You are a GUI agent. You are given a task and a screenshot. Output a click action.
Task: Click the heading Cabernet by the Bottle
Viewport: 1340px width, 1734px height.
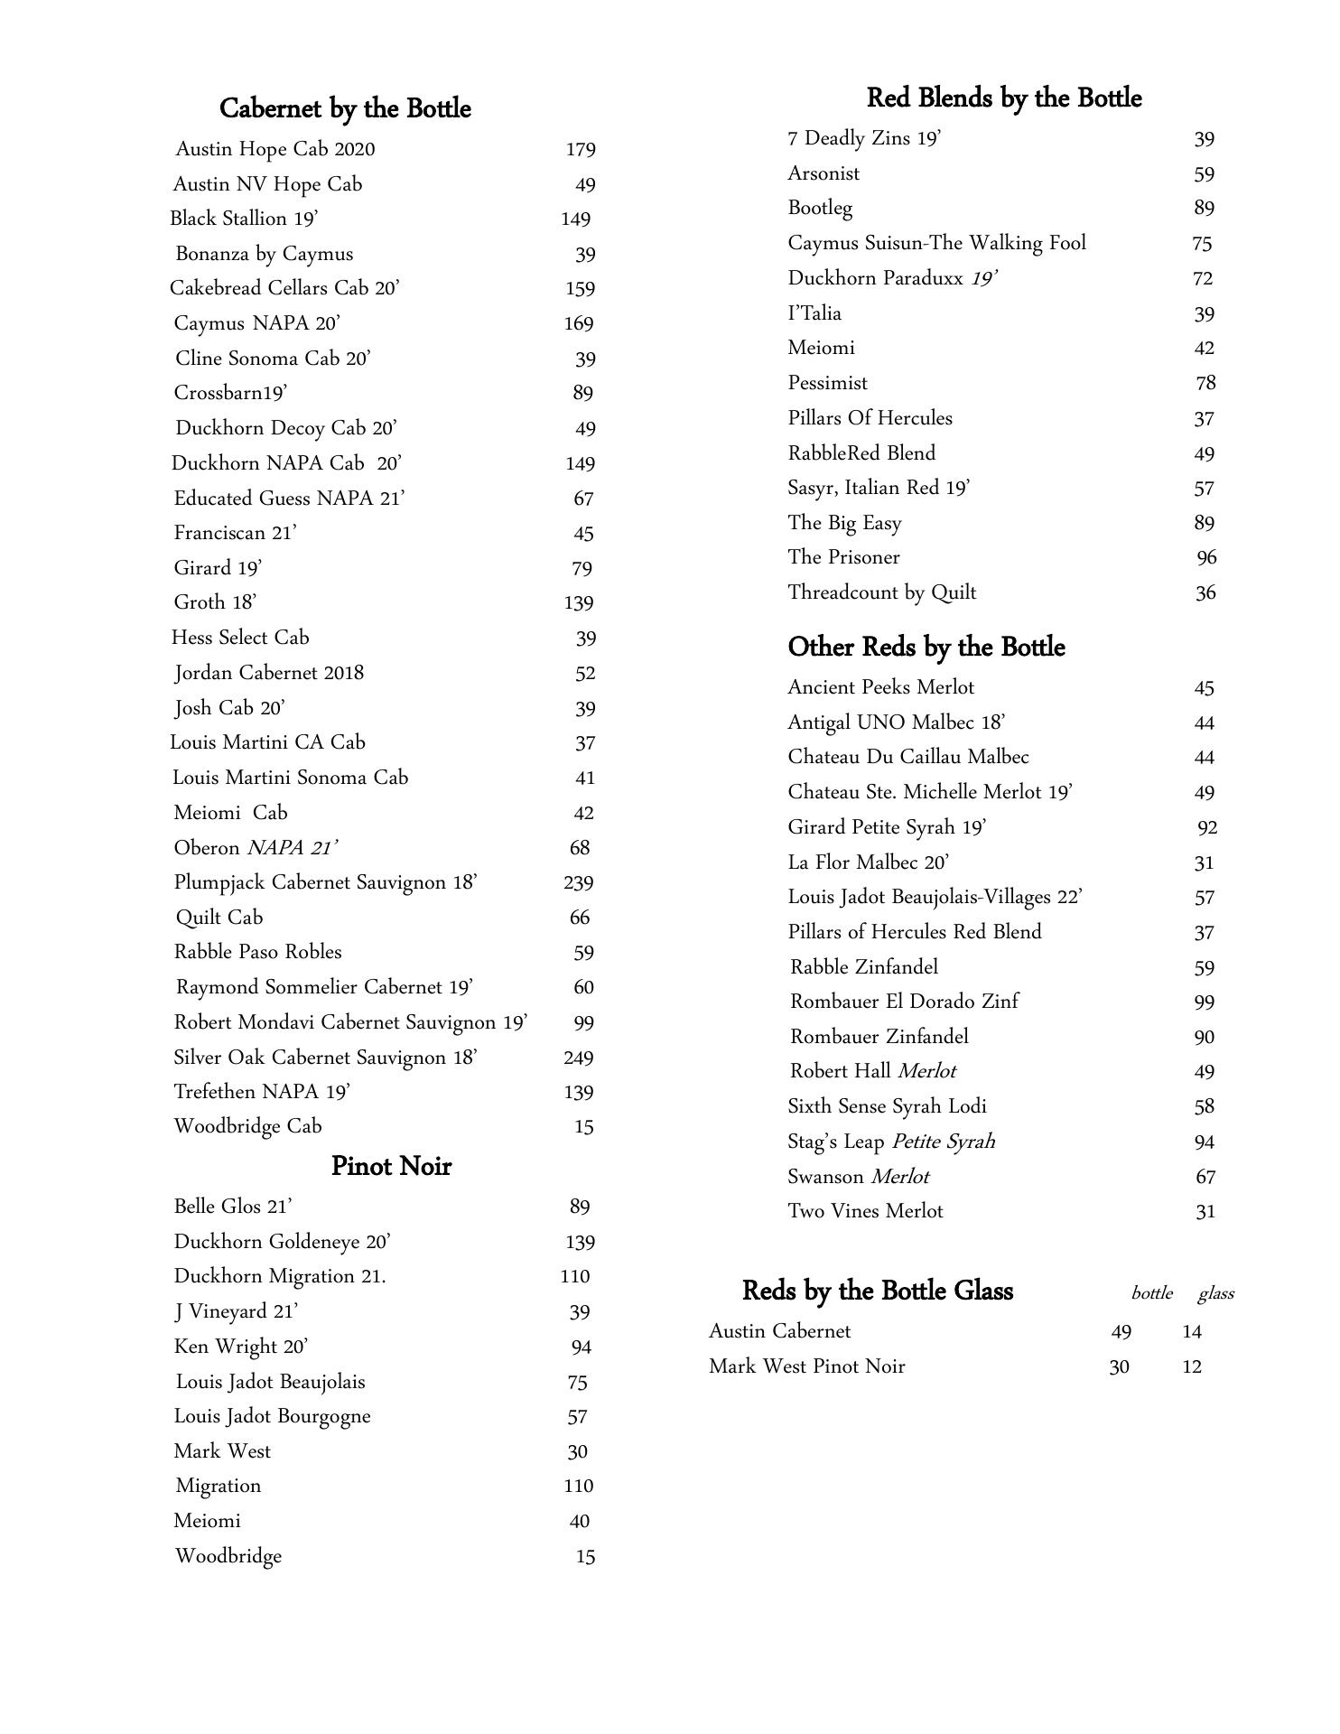(x=345, y=108)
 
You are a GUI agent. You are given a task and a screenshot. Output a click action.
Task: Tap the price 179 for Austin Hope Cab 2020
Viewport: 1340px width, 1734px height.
(x=580, y=149)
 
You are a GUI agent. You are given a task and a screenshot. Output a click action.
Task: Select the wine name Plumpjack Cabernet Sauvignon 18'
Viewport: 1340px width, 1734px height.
(x=325, y=882)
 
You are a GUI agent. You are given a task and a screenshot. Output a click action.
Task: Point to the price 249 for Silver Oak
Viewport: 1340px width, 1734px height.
(x=578, y=1058)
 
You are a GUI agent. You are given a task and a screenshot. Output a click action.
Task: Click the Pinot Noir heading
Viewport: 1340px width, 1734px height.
(x=391, y=1166)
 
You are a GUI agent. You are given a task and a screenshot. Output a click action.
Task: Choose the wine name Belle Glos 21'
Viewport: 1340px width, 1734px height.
(x=233, y=1207)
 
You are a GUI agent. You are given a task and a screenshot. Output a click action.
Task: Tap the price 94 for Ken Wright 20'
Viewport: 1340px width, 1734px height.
(x=581, y=1347)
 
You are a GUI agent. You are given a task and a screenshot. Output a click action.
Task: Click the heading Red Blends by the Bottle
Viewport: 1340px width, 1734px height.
(x=1003, y=98)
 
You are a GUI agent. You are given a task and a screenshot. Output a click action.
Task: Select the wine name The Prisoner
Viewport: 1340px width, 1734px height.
(x=843, y=557)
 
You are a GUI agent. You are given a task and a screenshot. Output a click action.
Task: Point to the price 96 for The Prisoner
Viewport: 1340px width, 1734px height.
(x=1206, y=557)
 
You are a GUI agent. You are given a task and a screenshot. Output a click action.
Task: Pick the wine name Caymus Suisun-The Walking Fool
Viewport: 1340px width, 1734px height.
(x=936, y=243)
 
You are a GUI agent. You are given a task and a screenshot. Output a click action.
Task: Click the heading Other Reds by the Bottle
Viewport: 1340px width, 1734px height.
(x=926, y=647)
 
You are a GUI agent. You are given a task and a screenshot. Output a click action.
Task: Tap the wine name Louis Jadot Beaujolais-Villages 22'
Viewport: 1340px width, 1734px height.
(x=935, y=897)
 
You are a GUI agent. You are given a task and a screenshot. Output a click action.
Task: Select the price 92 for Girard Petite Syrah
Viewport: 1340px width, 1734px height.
(x=1206, y=827)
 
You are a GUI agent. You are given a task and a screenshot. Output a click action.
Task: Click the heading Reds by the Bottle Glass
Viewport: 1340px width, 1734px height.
(x=877, y=1291)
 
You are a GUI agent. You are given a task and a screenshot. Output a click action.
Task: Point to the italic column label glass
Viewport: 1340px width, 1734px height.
(x=1215, y=1293)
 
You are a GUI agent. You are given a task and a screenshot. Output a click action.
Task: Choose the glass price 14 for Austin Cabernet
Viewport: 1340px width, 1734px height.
(x=1192, y=1331)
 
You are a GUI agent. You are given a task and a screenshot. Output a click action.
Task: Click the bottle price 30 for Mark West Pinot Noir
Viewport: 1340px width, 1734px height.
(x=1119, y=1367)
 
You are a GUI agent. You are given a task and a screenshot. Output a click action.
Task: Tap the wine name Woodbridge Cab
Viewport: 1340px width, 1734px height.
(x=247, y=1126)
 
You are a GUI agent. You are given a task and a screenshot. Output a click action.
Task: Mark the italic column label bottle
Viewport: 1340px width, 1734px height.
(x=1151, y=1293)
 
